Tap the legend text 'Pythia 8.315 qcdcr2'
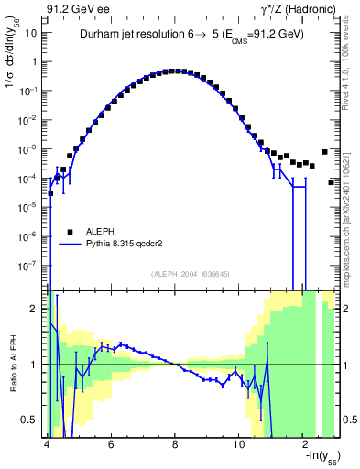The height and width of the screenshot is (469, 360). click(134, 245)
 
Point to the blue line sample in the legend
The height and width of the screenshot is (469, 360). click(70, 245)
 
